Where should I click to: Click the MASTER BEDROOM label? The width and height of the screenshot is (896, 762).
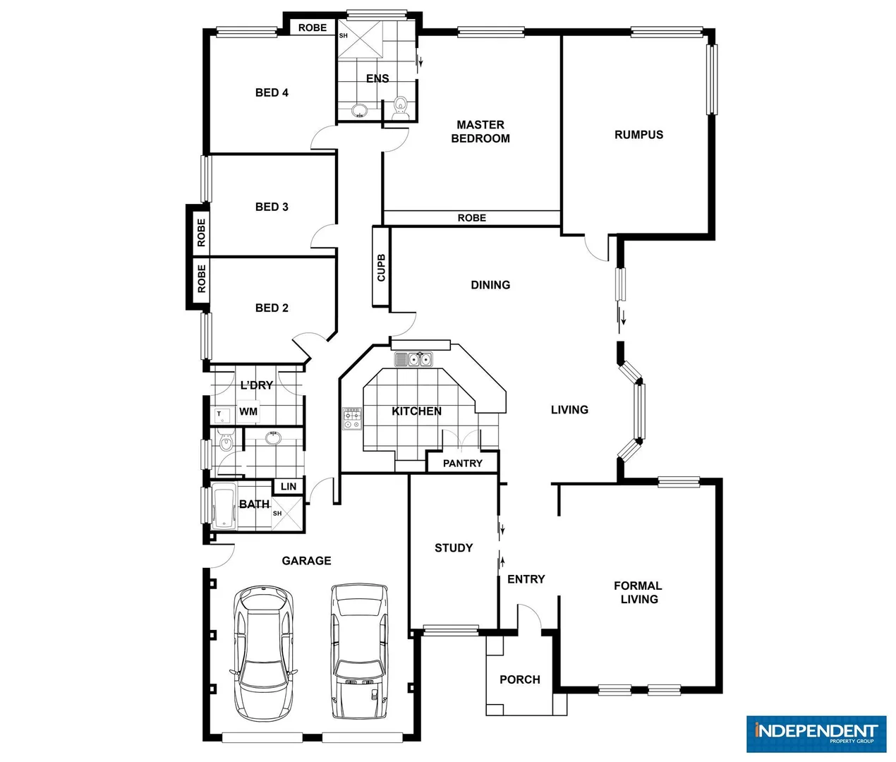point(480,132)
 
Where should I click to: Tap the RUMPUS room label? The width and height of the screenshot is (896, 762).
point(638,135)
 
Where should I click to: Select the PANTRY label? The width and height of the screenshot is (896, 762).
point(462,464)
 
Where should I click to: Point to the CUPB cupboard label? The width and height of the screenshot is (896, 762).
point(381,267)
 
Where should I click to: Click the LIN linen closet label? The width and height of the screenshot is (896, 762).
point(289,486)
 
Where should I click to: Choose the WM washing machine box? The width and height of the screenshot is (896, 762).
point(248,411)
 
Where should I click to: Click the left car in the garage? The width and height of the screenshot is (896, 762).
point(263,651)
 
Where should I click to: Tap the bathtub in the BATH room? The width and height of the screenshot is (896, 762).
point(224,507)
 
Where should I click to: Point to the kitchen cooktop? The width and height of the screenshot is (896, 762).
point(351,419)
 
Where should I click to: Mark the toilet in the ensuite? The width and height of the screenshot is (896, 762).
point(400,106)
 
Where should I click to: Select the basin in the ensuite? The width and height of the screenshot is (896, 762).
point(359,110)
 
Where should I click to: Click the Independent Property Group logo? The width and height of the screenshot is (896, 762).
point(816,734)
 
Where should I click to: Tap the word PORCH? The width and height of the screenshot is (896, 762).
point(520,679)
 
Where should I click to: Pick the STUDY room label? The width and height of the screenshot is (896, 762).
point(454,548)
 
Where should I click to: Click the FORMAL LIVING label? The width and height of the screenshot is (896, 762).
point(638,593)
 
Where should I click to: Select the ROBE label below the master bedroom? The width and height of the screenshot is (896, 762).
point(471,218)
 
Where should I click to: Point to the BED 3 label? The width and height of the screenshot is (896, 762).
point(272,207)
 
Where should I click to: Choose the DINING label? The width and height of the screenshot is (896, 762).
point(490,285)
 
